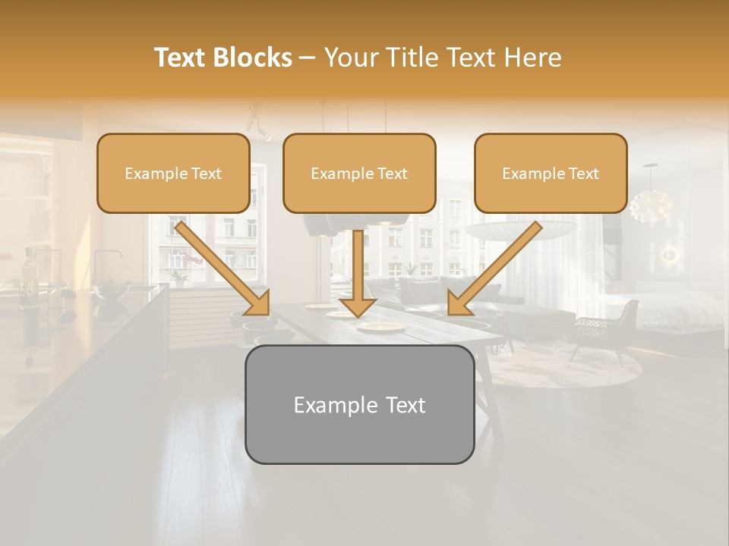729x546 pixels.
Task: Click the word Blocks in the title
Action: pos(253,58)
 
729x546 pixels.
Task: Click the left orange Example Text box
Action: pos(173,174)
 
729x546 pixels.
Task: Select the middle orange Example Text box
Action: pos(359,174)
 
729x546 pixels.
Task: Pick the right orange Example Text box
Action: pos(551,174)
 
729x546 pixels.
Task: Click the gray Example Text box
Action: pos(359,405)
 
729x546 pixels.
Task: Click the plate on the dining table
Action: pos(381,327)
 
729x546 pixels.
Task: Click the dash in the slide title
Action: pos(308,58)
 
